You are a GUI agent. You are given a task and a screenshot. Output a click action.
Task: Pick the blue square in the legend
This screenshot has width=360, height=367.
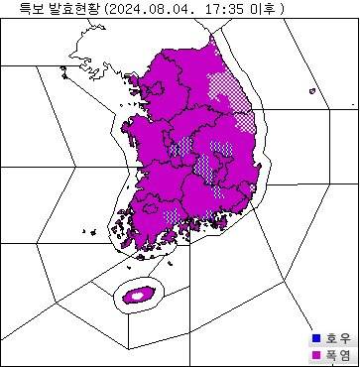(x=316, y=337)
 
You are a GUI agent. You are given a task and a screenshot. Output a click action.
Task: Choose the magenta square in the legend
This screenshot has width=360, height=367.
(x=316, y=354)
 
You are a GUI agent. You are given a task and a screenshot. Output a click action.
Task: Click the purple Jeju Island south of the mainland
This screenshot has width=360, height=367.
(x=136, y=295)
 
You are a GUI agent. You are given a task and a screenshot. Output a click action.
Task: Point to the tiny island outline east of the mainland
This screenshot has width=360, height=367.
(x=312, y=92)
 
